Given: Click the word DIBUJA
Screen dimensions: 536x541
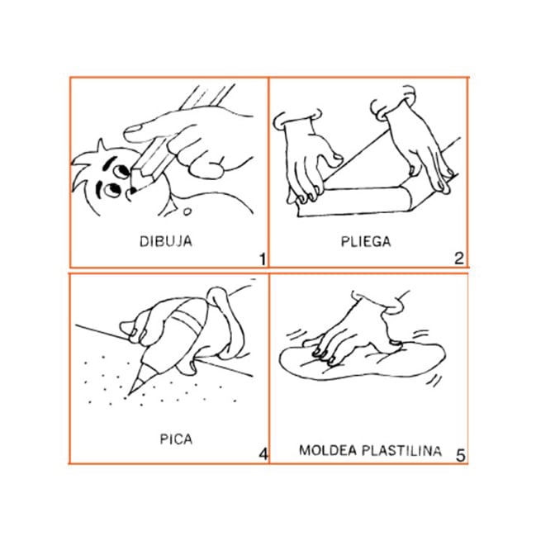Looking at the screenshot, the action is [x=165, y=241].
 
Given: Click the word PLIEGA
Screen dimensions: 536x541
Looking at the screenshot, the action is [x=366, y=241].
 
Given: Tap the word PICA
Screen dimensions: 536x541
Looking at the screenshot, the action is [x=176, y=439].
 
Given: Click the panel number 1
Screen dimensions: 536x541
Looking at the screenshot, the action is [x=263, y=259].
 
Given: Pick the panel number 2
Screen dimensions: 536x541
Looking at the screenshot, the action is [x=459, y=259].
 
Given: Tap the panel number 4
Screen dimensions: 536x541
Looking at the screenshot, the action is [x=263, y=453].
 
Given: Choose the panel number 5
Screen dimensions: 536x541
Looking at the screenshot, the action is [x=461, y=455].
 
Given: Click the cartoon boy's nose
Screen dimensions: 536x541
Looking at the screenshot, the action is [x=132, y=190].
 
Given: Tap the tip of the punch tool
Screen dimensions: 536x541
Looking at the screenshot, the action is [x=130, y=394].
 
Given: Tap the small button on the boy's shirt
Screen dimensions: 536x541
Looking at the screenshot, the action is [x=187, y=211].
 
